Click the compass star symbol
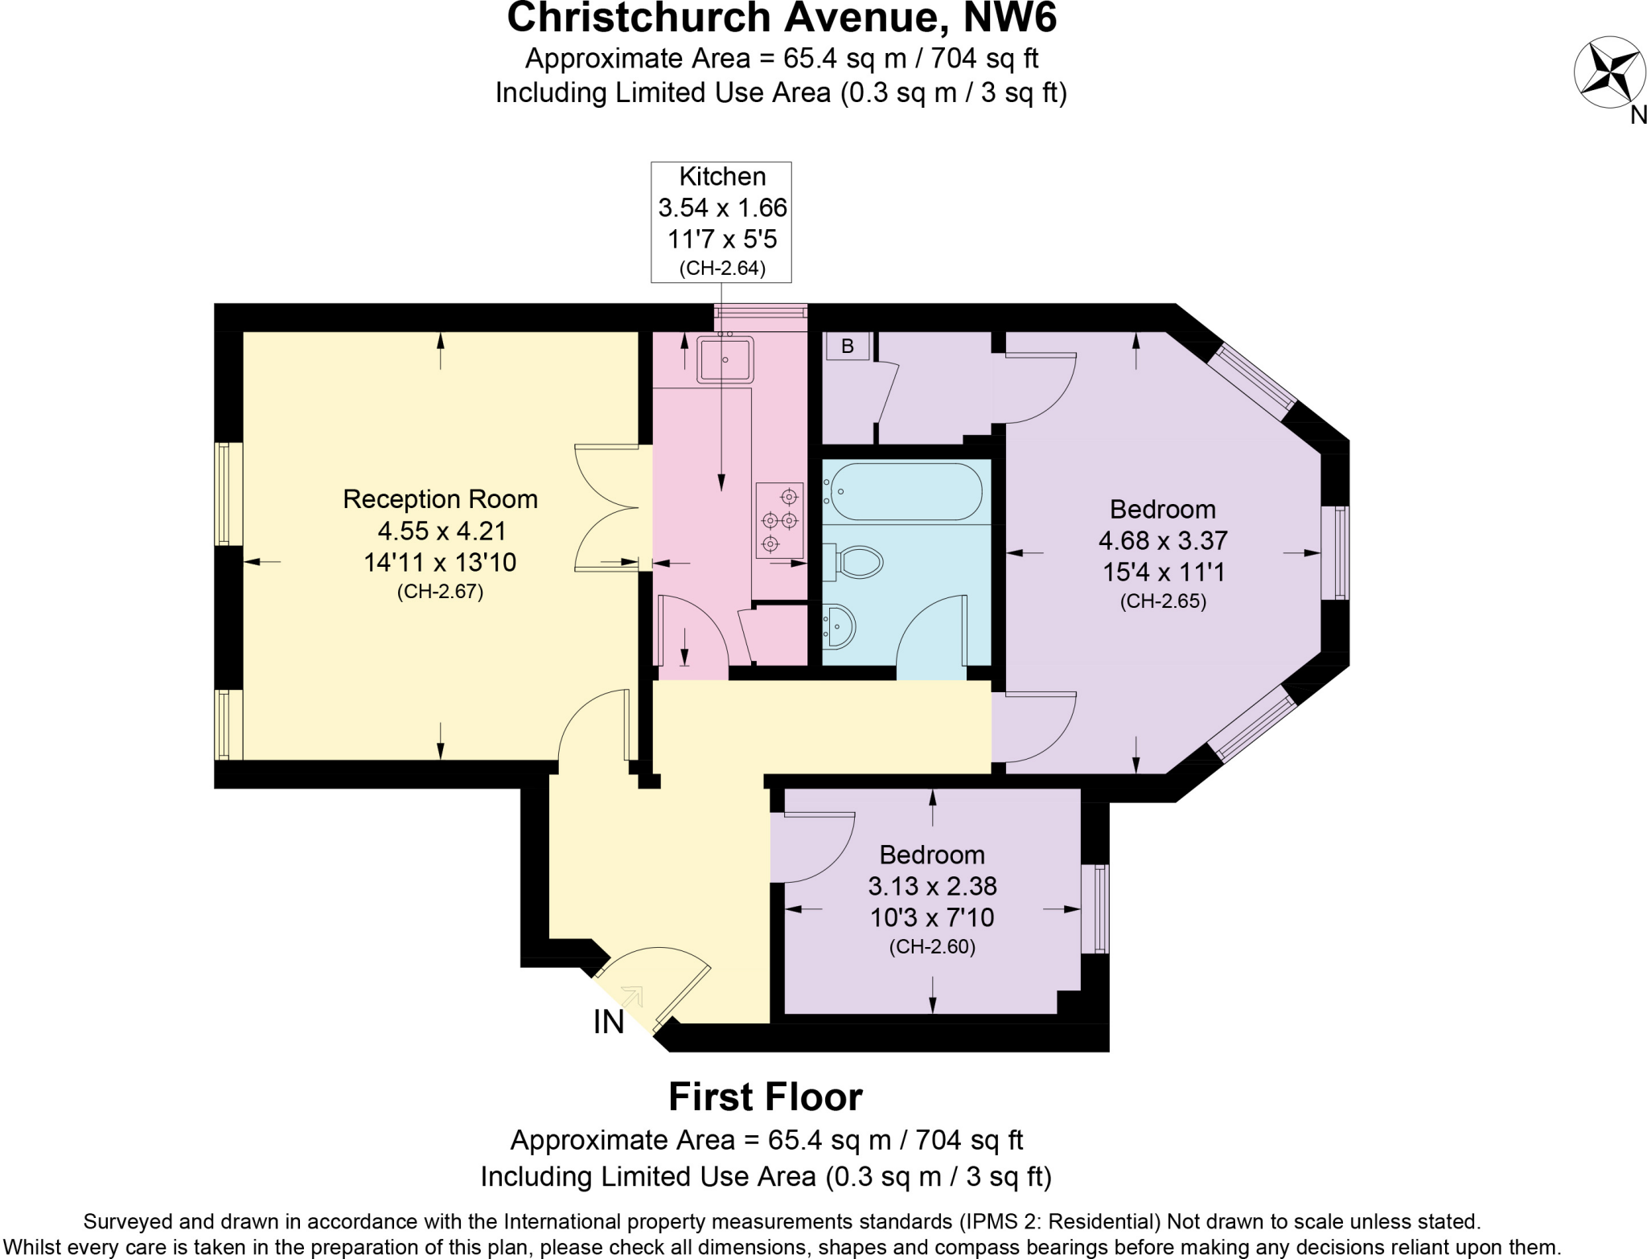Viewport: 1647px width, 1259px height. [1608, 72]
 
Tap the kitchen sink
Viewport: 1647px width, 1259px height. [725, 359]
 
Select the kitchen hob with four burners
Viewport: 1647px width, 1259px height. [778, 520]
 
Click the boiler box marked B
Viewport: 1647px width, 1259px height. [847, 347]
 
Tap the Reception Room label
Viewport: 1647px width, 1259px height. [440, 499]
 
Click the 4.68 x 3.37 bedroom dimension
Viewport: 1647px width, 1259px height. [1163, 540]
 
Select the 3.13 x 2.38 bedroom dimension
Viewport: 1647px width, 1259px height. [932, 886]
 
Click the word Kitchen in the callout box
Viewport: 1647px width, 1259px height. [722, 177]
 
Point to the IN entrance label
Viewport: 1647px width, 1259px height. [609, 1023]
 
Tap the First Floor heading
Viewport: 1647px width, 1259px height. [766, 1097]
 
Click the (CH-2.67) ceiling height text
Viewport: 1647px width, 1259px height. [440, 593]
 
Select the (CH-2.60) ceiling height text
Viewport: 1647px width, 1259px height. [932, 947]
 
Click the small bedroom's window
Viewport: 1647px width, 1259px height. [1095, 908]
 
